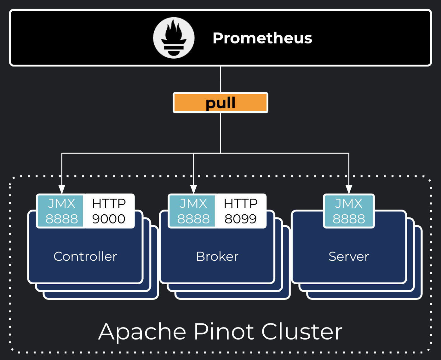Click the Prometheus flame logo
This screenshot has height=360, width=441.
[174, 38]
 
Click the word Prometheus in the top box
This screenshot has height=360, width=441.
[262, 38]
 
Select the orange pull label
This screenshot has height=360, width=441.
[220, 103]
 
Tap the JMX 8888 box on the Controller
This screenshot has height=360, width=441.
[61, 211]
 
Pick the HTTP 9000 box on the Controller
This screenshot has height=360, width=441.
[109, 211]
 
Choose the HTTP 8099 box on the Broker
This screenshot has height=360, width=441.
[241, 211]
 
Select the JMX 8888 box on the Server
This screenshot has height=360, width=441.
[349, 211]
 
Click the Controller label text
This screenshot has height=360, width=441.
[85, 256]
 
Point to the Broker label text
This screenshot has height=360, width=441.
[217, 256]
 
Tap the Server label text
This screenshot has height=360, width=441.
[349, 256]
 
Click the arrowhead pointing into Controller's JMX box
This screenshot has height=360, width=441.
[62, 189]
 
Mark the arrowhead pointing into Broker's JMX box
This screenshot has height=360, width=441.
[193, 189]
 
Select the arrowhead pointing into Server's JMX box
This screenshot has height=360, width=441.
[349, 189]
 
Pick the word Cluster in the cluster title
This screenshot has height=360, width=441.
[302, 332]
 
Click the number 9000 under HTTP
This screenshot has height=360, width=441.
[109, 219]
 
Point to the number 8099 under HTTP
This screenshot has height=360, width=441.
[241, 219]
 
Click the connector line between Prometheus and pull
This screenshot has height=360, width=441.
[220, 79]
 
